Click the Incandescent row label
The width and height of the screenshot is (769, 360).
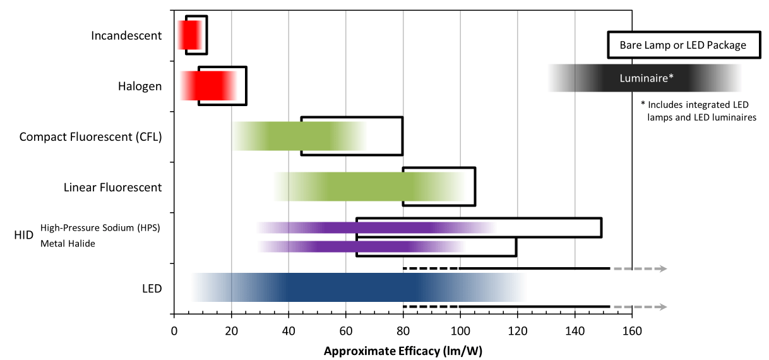(x=126, y=35)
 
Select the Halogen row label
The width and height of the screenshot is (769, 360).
(x=140, y=86)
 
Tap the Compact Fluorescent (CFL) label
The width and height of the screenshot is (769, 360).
(x=90, y=136)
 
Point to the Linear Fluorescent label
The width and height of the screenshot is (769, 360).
(x=112, y=187)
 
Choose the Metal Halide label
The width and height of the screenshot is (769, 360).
(x=68, y=243)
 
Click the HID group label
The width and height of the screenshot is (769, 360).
(x=23, y=236)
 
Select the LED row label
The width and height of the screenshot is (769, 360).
(x=152, y=289)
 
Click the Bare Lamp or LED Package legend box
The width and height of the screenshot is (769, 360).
(x=683, y=45)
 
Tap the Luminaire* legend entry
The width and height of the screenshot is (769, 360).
(x=646, y=78)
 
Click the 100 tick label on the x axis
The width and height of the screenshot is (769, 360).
(x=460, y=330)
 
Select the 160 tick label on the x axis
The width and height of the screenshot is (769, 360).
(x=632, y=330)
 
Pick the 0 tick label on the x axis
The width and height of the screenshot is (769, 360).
(x=174, y=330)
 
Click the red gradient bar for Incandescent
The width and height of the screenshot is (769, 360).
(x=190, y=35)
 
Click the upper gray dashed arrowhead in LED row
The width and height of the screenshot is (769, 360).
(x=661, y=268)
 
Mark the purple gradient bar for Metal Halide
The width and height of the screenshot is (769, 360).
(x=360, y=246)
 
